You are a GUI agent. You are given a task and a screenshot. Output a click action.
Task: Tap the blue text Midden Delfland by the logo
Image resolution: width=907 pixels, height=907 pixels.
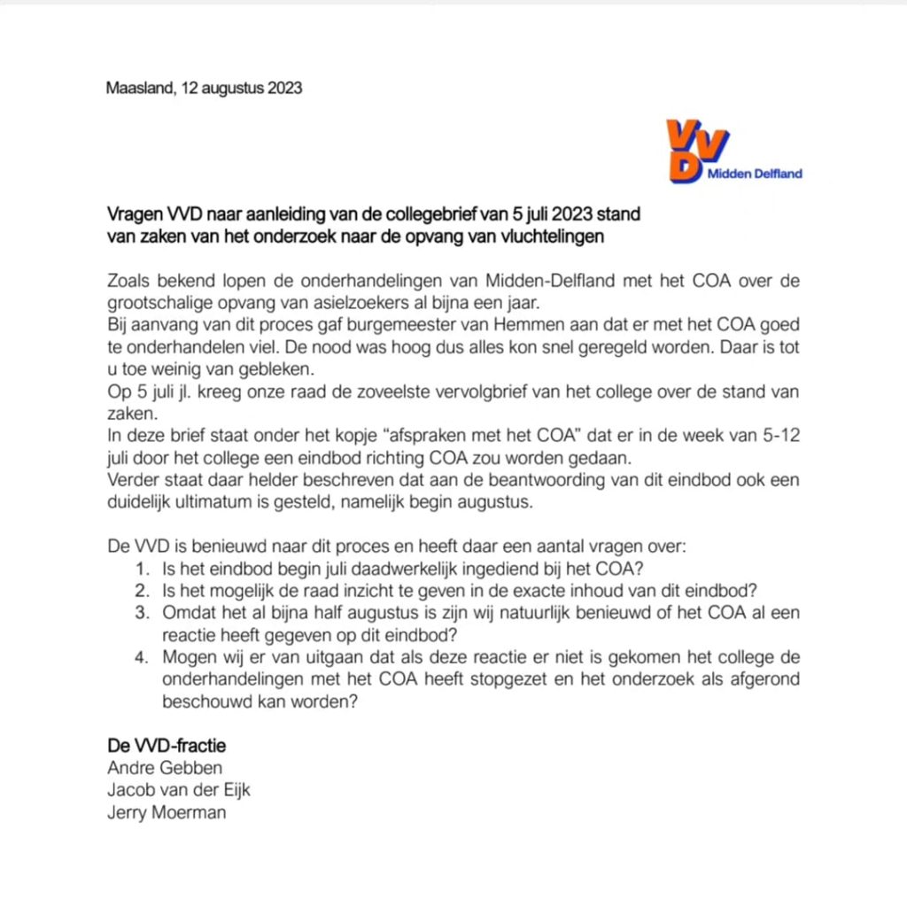pos(754,174)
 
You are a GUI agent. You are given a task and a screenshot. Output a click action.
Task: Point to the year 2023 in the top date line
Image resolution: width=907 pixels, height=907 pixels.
pos(283,89)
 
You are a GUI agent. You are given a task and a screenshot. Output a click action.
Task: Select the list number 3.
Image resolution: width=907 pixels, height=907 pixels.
pos(142,612)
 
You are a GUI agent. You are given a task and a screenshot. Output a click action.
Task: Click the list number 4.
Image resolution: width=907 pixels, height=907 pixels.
pos(142,656)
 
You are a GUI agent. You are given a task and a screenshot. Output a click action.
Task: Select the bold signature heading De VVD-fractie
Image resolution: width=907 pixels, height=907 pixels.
pos(167,745)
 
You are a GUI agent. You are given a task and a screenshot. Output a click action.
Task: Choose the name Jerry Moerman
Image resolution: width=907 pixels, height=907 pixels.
pos(167,811)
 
